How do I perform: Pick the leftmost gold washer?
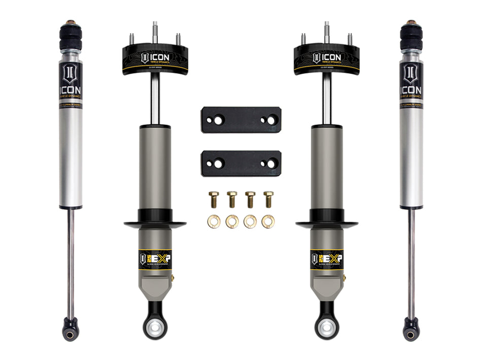pyautogui.click(x=214, y=221)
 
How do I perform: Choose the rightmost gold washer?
pyautogui.click(x=267, y=221)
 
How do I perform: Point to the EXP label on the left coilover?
pyautogui.click(x=156, y=258)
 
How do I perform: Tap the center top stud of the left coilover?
pyautogui.click(x=155, y=29)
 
